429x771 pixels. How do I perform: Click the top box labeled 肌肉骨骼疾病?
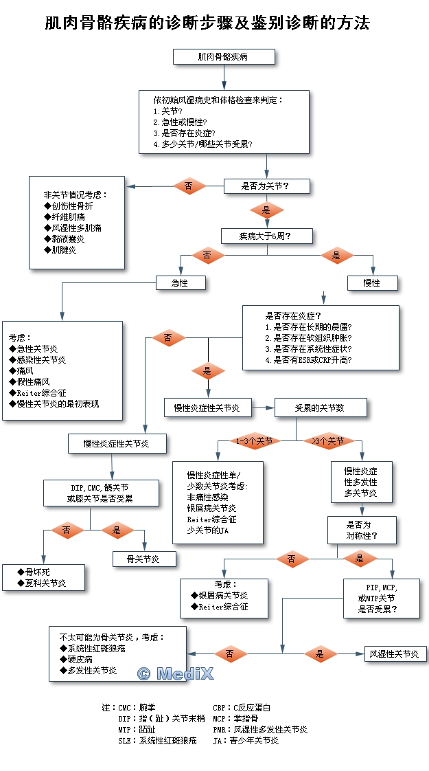click(x=224, y=57)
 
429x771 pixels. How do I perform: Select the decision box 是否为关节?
click(x=266, y=186)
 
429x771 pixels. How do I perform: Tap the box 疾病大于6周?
click(x=266, y=236)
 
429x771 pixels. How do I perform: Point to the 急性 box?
click(x=180, y=282)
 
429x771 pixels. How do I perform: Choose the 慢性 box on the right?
click(x=372, y=282)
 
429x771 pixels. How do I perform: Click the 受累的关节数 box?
click(x=320, y=407)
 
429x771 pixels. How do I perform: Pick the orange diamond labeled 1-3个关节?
click(x=253, y=441)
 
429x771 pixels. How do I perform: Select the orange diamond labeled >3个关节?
click(x=328, y=441)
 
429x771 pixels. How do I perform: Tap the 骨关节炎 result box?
click(x=143, y=559)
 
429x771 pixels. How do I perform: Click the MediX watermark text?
click(x=175, y=673)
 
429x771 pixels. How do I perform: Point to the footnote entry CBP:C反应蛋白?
click(x=242, y=707)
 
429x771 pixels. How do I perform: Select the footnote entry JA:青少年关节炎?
click(x=246, y=740)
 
